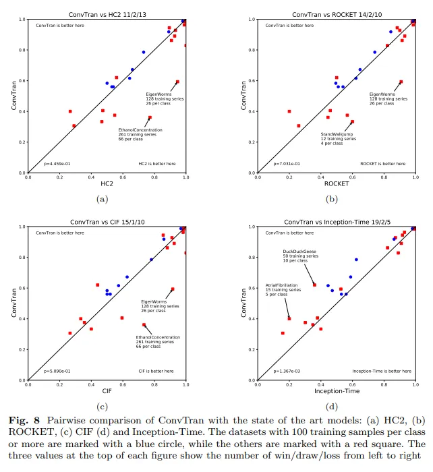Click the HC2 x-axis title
(107, 183)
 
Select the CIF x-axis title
(107, 390)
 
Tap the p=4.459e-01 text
(57, 163)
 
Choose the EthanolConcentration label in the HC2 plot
(140, 130)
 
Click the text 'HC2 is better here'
(156, 163)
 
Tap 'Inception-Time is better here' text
(381, 370)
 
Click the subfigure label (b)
(331, 199)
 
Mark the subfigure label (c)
(103, 406)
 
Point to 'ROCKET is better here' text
(382, 163)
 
